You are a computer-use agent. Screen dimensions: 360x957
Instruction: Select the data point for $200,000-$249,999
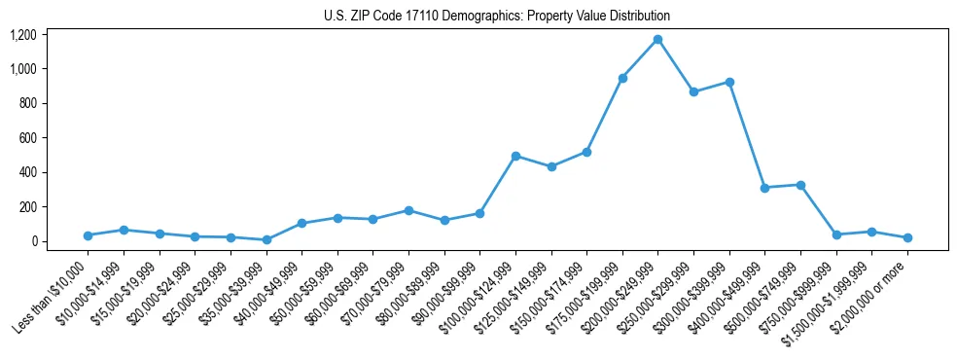pyautogui.click(x=658, y=40)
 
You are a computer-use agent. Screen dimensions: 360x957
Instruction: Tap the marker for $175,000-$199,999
pyautogui.click(x=622, y=78)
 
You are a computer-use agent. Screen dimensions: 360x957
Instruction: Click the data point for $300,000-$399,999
pyautogui.click(x=729, y=82)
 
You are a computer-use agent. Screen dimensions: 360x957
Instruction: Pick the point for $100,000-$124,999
pyautogui.click(x=515, y=156)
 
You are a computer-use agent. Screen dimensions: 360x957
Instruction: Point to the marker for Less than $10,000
pyautogui.click(x=88, y=235)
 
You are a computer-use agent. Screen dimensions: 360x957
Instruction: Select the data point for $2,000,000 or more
pyautogui.click(x=907, y=237)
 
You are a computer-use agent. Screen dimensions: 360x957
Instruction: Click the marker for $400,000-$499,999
pyautogui.click(x=765, y=188)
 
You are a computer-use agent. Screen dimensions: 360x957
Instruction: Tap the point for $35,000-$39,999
pyautogui.click(x=266, y=239)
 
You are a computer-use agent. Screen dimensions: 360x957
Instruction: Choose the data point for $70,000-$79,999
pyautogui.click(x=408, y=210)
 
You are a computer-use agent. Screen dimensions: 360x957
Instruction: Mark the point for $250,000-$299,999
pyautogui.click(x=693, y=91)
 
